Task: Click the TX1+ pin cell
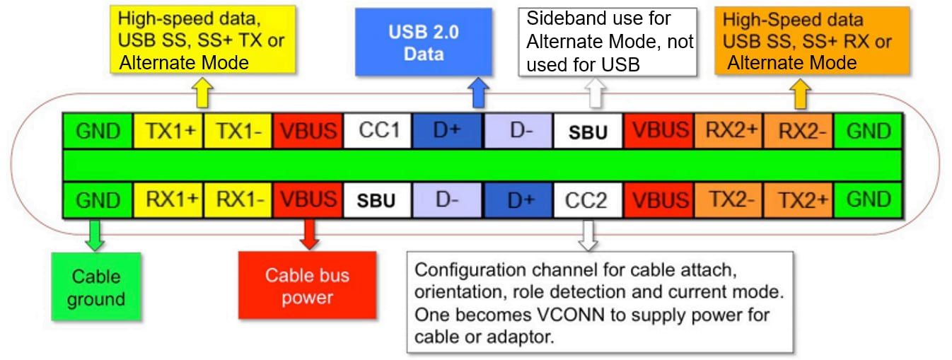click(x=168, y=131)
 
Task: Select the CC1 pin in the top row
click(x=378, y=131)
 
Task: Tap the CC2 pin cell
click(x=586, y=200)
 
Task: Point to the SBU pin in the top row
click(x=588, y=132)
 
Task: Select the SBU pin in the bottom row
click(x=378, y=201)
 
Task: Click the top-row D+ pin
click(x=448, y=131)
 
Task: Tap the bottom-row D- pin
click(x=448, y=200)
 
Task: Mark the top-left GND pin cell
click(x=98, y=131)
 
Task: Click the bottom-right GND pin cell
click(x=868, y=200)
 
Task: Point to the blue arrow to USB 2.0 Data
click(x=479, y=92)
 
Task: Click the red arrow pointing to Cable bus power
click(x=309, y=234)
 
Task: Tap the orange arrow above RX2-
click(x=801, y=93)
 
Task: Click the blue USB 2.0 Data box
click(x=423, y=42)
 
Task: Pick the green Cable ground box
click(x=95, y=286)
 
